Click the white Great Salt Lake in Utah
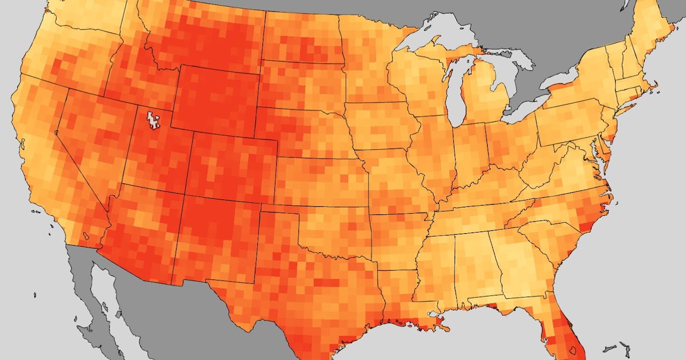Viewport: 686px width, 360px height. click(x=152, y=120)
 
